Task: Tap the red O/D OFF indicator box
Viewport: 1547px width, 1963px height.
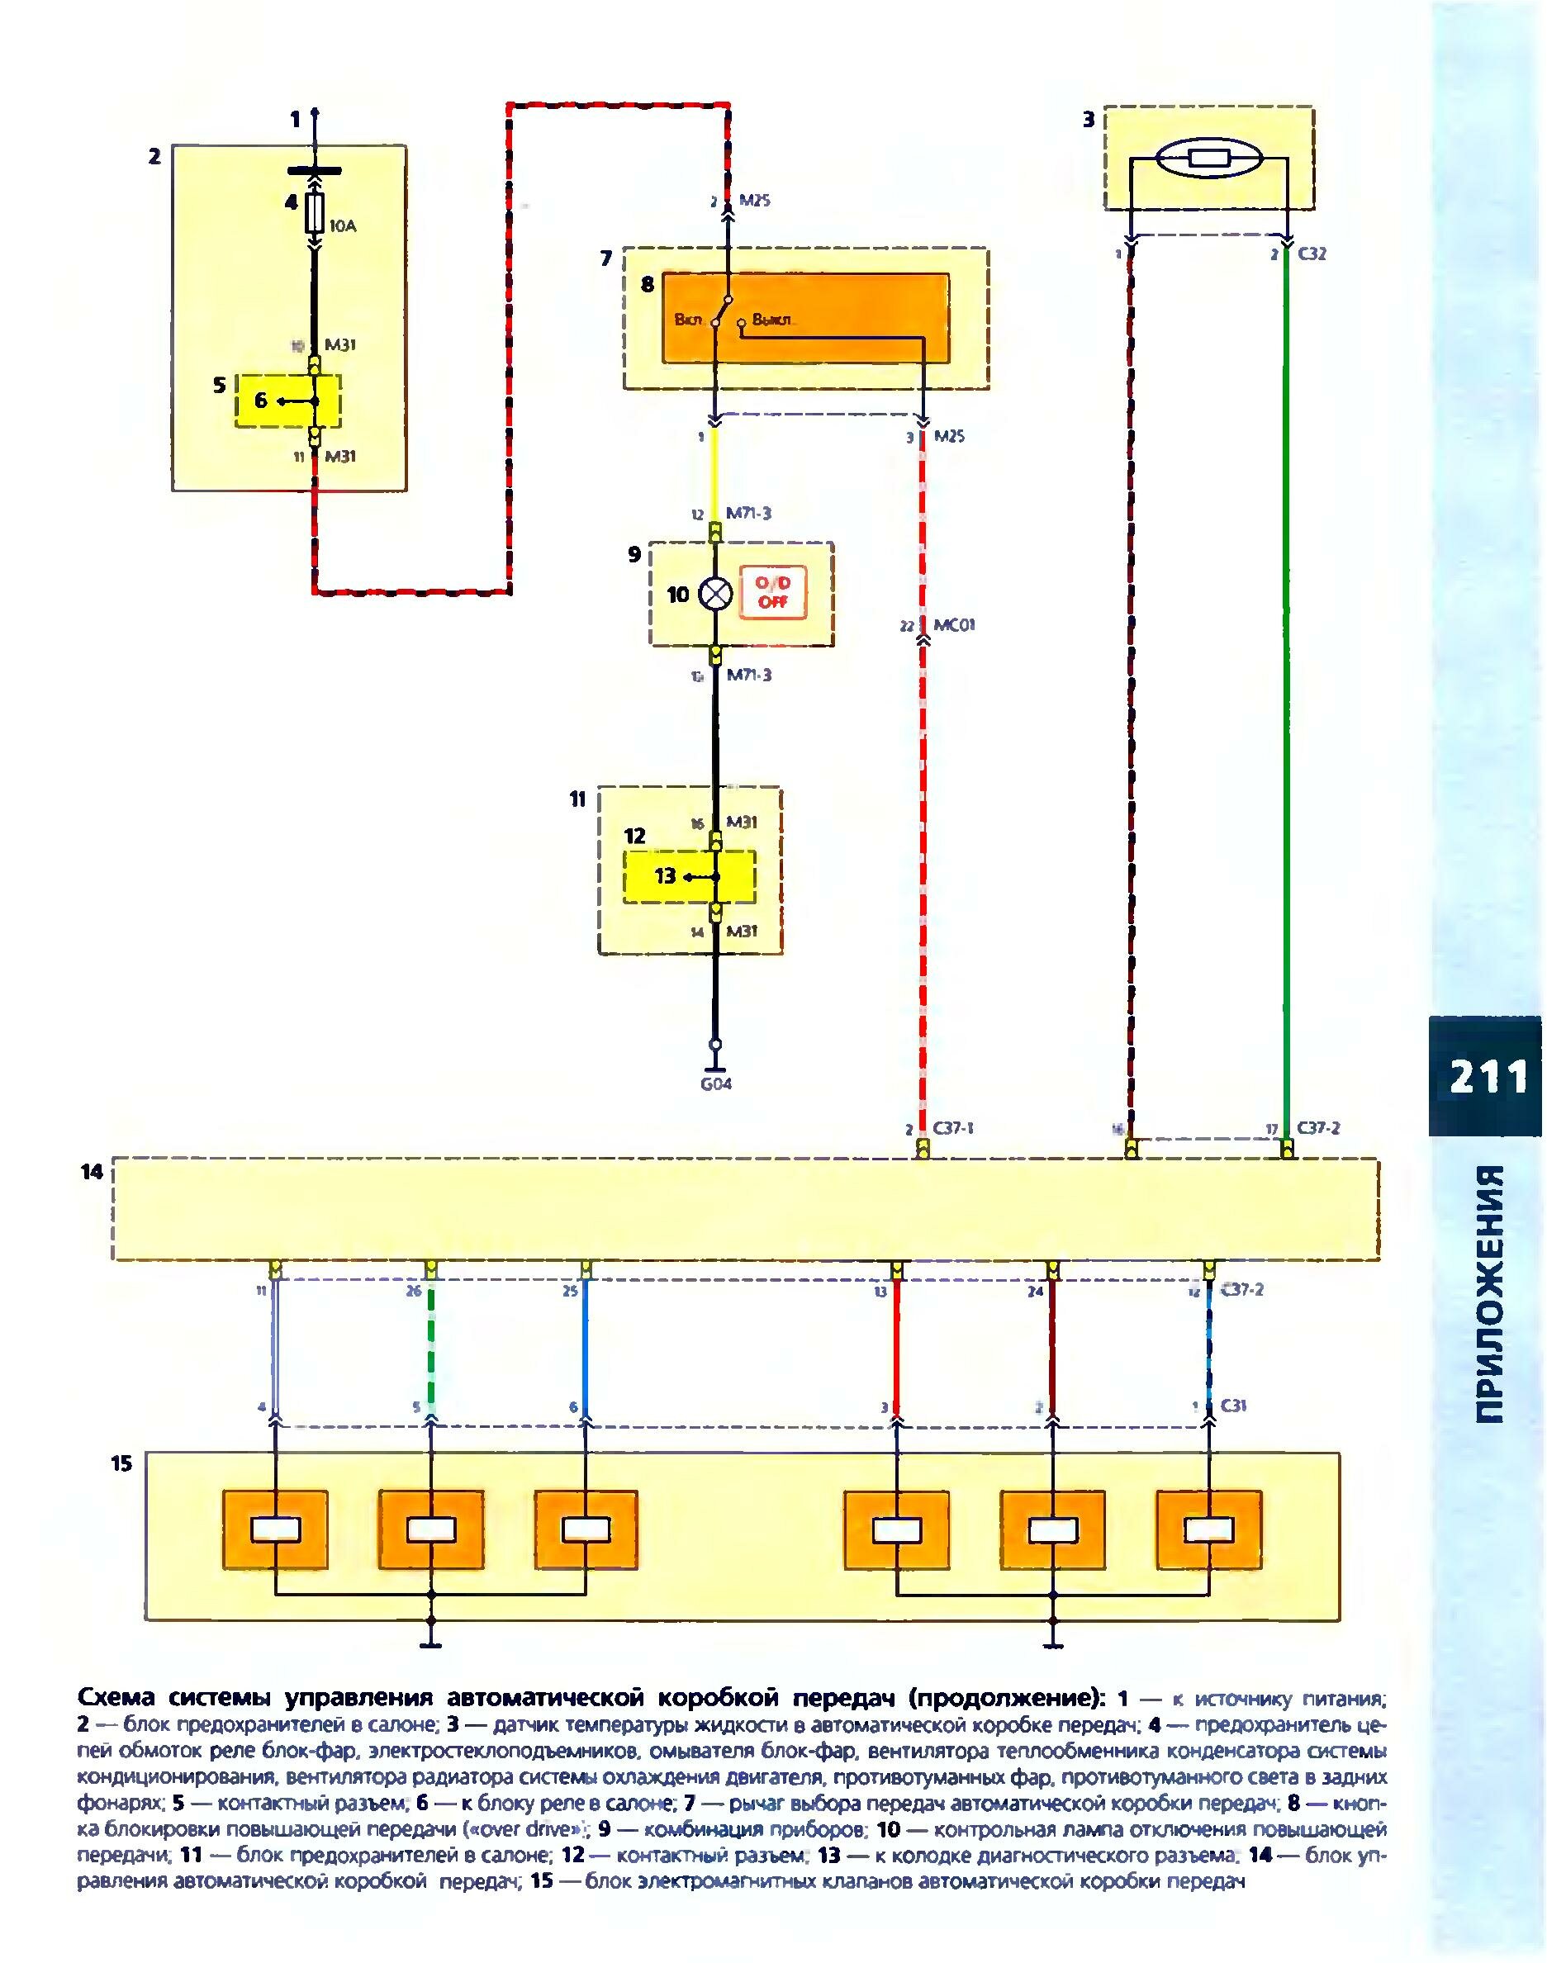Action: coord(772,594)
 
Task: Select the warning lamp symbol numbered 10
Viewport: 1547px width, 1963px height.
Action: coord(715,595)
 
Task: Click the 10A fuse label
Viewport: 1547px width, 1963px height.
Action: coord(343,226)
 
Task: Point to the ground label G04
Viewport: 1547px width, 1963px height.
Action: coord(715,1083)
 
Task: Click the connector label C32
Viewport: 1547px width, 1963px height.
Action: coord(1312,254)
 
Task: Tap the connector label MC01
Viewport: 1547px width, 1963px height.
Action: coord(953,625)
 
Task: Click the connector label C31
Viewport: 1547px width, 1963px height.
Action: coord(1234,1406)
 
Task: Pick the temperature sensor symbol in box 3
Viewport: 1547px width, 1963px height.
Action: coord(1208,160)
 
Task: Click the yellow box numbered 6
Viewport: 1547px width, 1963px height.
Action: coord(288,401)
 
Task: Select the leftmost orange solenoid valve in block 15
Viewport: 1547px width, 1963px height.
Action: coord(275,1529)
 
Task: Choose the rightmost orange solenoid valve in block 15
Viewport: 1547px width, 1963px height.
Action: coord(1209,1529)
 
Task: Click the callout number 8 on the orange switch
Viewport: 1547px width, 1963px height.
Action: coord(647,284)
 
